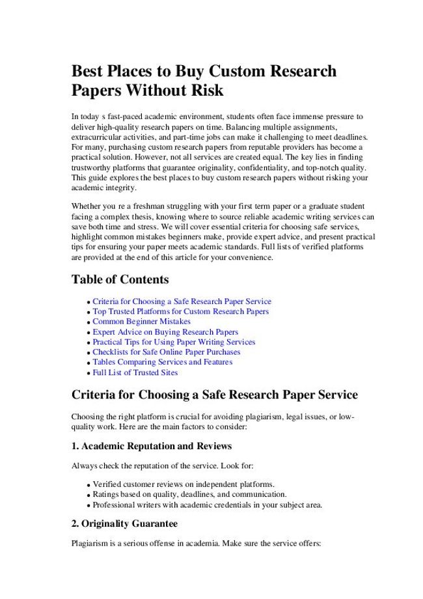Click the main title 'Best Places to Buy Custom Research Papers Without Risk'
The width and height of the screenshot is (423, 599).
coord(204,79)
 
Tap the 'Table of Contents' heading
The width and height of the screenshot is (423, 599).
coord(120,280)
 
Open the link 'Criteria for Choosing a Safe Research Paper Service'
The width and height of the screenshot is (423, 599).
coord(182,301)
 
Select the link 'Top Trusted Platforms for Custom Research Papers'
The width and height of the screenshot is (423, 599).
coord(180,312)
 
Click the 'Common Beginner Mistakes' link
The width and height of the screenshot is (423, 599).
coord(141,322)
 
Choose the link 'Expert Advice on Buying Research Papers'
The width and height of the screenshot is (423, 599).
coord(165,332)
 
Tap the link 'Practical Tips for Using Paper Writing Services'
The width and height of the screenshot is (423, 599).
coord(174,342)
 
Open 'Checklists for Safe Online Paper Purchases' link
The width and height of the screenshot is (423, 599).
coord(166,352)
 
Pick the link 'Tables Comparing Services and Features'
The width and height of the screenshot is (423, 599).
coord(162,362)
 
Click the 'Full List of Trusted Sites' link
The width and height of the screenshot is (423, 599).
coord(135,372)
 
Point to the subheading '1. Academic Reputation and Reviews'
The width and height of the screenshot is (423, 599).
coord(151,447)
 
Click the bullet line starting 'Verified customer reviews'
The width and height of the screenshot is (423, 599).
coord(184,484)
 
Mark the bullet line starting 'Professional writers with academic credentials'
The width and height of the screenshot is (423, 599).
coord(207,505)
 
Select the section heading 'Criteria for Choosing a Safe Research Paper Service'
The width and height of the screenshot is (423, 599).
coord(214,395)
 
